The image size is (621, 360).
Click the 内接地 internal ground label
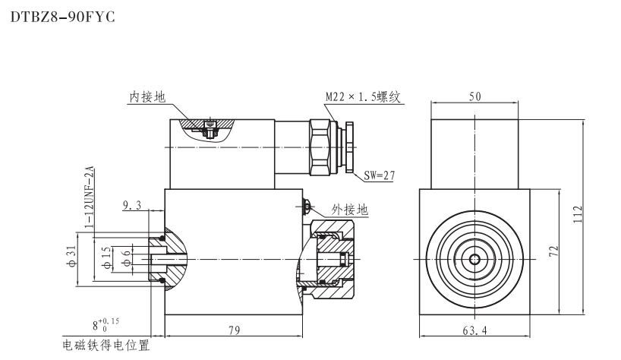coord(147,97)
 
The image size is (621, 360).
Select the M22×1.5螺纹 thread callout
coord(361,97)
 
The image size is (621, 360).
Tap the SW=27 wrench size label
coord(380,175)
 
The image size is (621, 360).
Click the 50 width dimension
coord(474,97)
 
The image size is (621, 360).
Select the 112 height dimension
coord(577,216)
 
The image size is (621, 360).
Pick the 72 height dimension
coord(555,252)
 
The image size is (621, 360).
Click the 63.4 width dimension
coord(474,329)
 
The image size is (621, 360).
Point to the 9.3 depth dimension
coord(131,204)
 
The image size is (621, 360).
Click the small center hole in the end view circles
coord(474,260)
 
